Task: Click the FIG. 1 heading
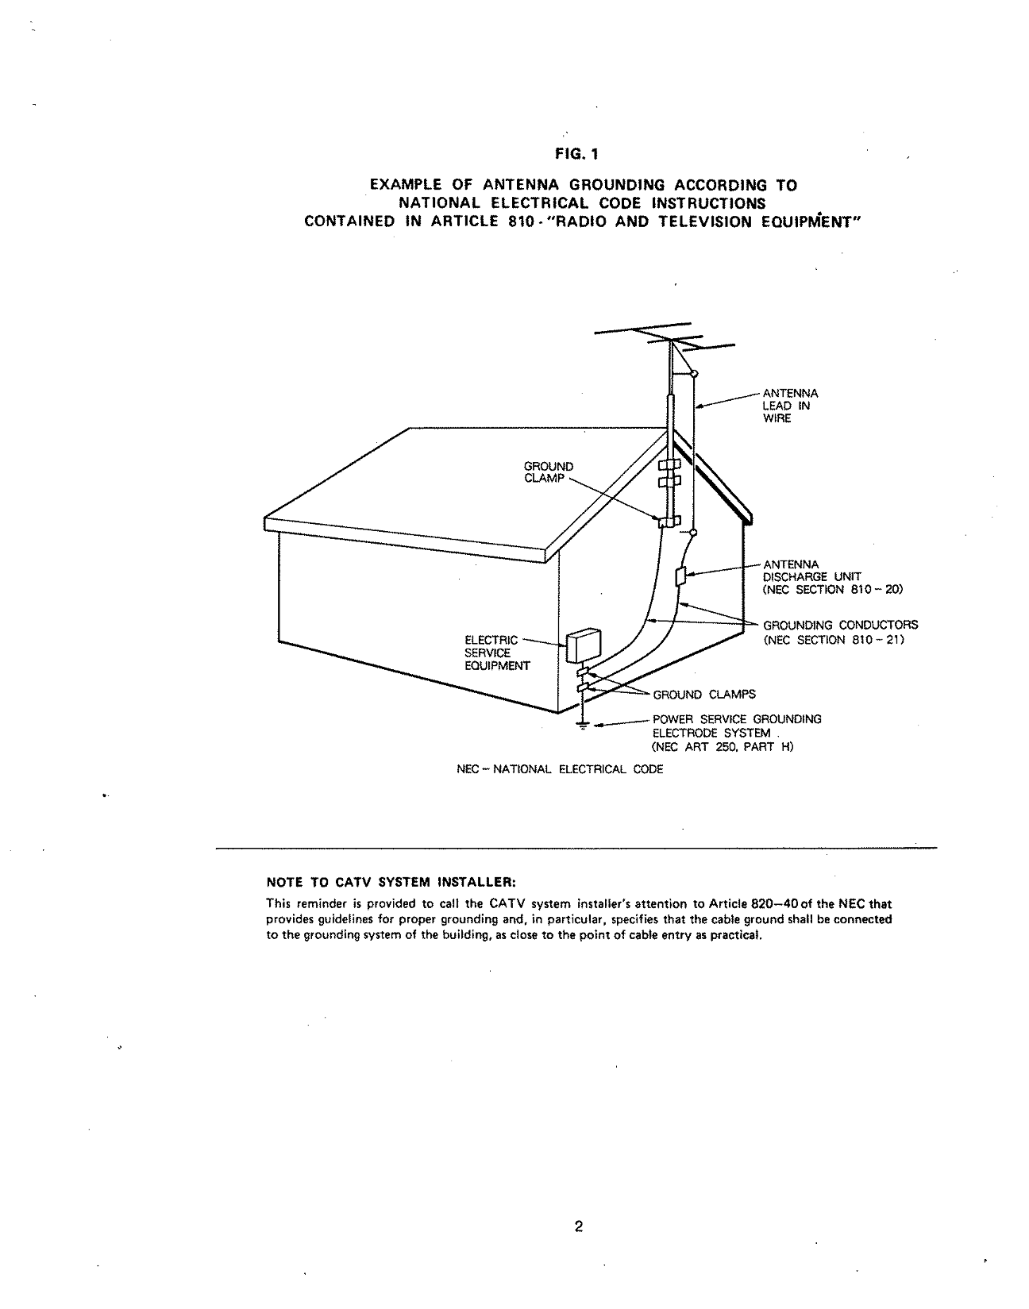point(576,154)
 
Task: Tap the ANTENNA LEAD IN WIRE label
point(791,406)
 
